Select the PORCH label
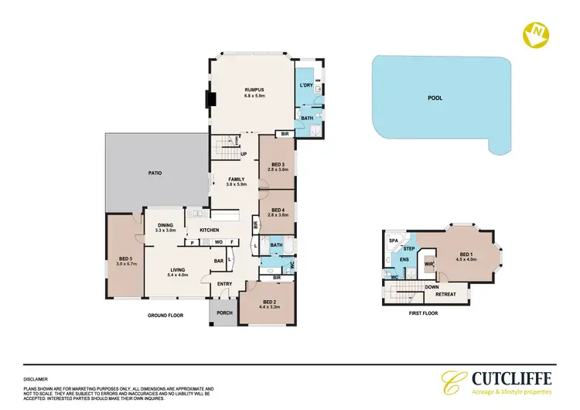click(224, 313)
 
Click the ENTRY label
click(224, 284)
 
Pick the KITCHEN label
click(210, 230)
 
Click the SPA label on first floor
click(393, 241)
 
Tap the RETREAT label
click(445, 294)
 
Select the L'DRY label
click(305, 85)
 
